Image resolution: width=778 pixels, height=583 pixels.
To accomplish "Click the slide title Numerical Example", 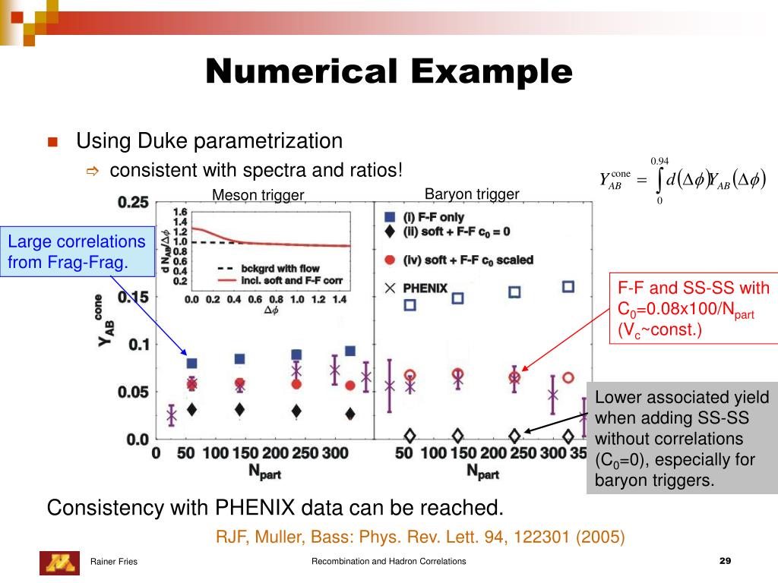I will click(x=389, y=72).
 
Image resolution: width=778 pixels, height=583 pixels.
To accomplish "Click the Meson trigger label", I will click(x=258, y=195).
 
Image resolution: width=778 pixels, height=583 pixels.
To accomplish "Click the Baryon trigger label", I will click(x=472, y=194).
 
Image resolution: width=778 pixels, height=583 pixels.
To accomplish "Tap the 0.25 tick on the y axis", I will click(x=132, y=203).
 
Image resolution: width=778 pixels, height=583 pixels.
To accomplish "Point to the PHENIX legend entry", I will click(x=425, y=288).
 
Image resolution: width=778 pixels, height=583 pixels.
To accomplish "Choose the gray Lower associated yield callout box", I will click(x=682, y=438).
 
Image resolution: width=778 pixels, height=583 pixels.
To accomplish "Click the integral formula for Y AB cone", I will click(x=682, y=181).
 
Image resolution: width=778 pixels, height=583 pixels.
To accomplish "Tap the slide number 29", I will click(x=724, y=561).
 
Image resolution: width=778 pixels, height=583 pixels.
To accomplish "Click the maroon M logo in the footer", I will click(x=59, y=562).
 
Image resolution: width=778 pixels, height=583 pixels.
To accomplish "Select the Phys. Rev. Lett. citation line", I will click(x=420, y=537).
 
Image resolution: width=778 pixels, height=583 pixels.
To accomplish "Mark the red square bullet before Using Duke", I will click(x=52, y=142).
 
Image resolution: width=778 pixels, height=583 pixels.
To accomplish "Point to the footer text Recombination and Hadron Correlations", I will click(x=389, y=562).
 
